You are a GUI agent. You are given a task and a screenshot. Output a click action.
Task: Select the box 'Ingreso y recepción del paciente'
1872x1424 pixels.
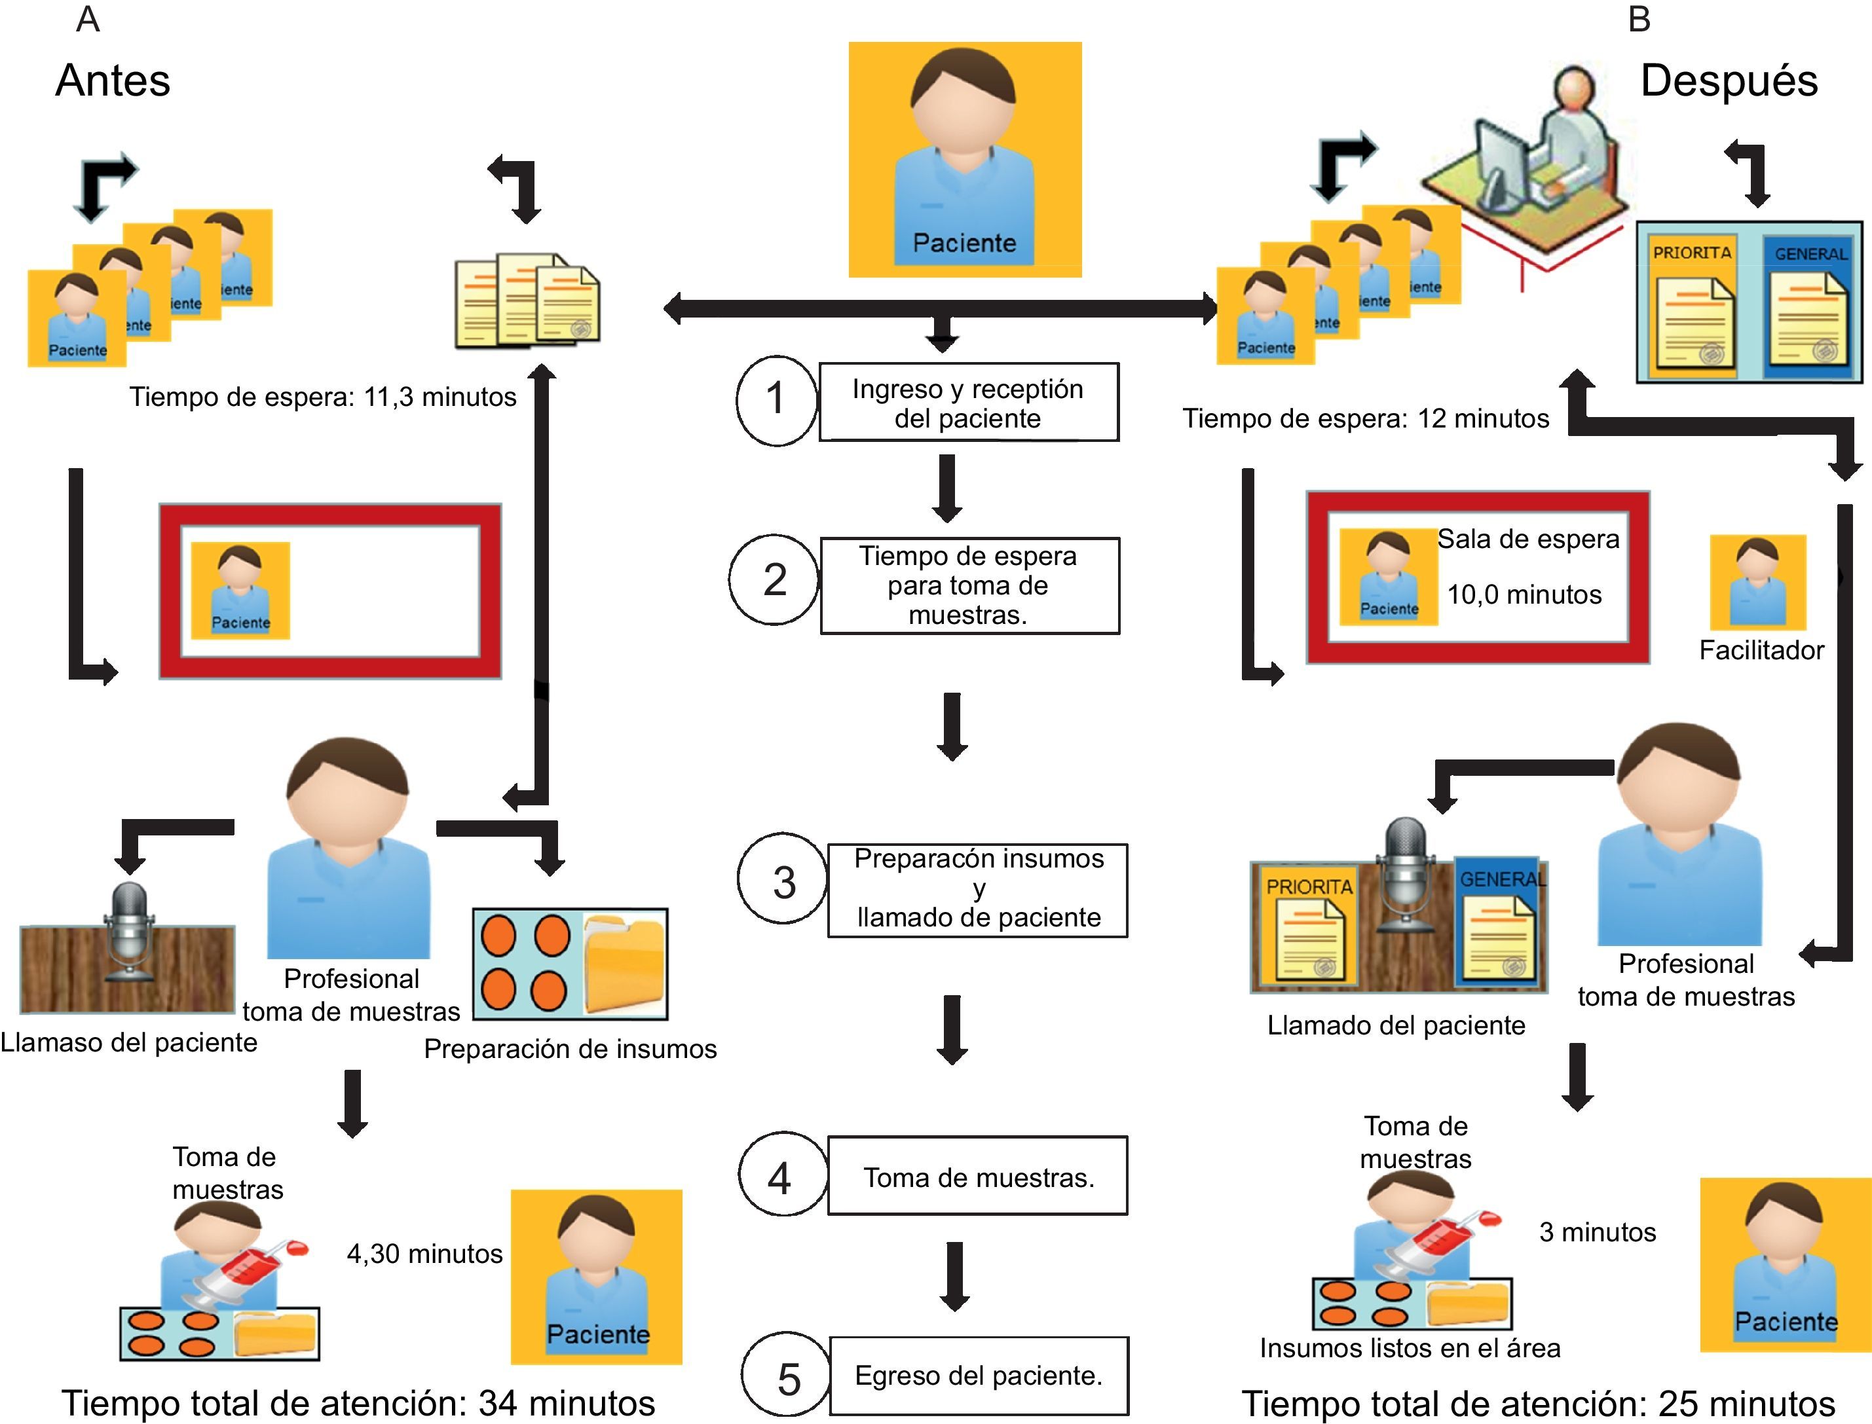[968, 403]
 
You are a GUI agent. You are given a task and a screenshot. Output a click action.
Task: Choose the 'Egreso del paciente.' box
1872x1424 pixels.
[979, 1375]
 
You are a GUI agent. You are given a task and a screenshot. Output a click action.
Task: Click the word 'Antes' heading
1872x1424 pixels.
[113, 81]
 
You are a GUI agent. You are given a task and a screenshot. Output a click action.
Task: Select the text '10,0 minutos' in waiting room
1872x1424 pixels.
[1524, 595]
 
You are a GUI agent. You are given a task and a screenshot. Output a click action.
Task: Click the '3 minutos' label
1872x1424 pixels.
[1598, 1232]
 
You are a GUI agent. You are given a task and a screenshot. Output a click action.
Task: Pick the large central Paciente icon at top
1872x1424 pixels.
[965, 159]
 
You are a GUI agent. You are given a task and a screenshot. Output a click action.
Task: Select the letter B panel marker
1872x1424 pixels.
[1639, 20]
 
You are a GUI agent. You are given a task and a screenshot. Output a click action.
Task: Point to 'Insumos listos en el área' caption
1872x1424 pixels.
[1409, 1347]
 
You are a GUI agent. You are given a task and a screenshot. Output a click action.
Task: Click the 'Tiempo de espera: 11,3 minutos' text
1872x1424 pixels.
[322, 397]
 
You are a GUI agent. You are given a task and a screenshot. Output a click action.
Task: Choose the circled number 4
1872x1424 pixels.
[780, 1177]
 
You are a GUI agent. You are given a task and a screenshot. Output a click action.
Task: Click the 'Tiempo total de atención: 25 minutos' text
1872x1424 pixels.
[1538, 1404]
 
